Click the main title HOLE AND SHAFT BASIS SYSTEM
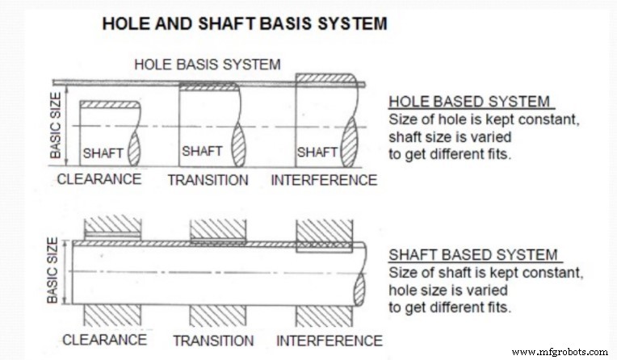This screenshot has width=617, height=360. [x=244, y=24]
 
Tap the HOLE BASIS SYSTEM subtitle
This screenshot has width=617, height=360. [x=208, y=64]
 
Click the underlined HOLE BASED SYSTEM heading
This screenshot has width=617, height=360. [x=469, y=103]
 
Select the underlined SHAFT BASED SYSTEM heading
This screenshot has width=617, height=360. [x=473, y=255]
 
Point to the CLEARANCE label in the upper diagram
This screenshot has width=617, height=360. [x=99, y=178]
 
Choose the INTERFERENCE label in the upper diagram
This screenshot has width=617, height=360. [x=324, y=179]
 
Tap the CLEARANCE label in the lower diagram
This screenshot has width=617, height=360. [x=104, y=339]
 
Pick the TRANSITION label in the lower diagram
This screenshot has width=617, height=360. [x=213, y=340]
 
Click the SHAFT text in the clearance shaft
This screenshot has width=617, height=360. [x=103, y=152]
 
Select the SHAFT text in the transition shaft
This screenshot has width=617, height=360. [x=202, y=151]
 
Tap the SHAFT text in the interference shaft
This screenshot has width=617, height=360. [x=317, y=152]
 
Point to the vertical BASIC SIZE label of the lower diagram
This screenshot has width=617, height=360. [x=54, y=271]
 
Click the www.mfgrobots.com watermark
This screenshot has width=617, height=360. [x=560, y=352]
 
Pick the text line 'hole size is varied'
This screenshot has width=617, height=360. [x=448, y=289]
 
